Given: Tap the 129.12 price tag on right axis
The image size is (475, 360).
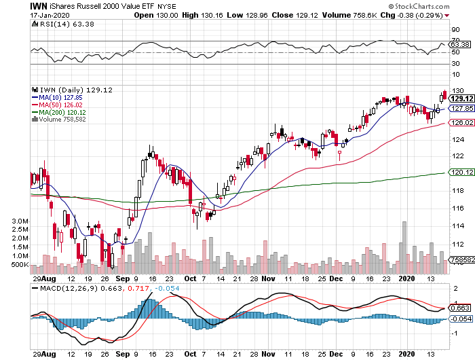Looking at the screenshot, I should pyautogui.click(x=460, y=98).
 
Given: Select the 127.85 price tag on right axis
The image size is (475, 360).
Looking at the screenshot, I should pyautogui.click(x=460, y=108).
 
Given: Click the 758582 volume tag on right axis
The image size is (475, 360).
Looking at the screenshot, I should pyautogui.click(x=460, y=259).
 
